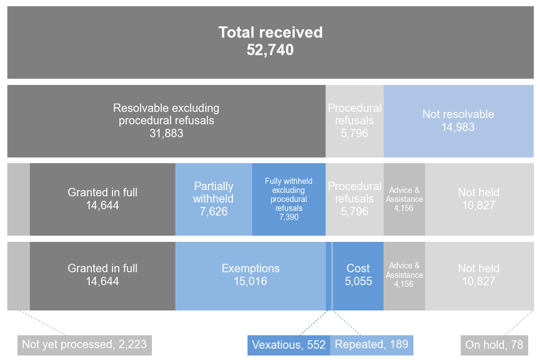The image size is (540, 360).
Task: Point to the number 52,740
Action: (x=270, y=50)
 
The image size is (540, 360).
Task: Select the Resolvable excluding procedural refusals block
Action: (x=166, y=121)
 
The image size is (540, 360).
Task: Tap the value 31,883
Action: (x=166, y=133)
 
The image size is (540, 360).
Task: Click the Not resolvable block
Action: (x=458, y=121)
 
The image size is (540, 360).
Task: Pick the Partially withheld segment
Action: (x=213, y=199)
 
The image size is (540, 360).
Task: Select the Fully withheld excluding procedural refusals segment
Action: (x=289, y=199)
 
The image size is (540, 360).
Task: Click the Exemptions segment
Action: (x=250, y=275)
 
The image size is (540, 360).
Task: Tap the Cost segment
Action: (x=358, y=275)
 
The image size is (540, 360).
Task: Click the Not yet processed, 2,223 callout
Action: (x=84, y=344)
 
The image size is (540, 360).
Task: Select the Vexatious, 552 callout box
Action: (x=289, y=345)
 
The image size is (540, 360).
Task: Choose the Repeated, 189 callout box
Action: (x=372, y=345)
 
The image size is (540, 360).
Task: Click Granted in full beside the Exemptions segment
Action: (x=102, y=275)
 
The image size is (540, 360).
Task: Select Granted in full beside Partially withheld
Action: (x=102, y=199)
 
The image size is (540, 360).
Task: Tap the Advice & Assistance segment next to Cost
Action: (x=404, y=275)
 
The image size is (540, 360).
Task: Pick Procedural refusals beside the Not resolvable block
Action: (x=354, y=121)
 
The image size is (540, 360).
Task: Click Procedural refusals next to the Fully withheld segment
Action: (x=354, y=199)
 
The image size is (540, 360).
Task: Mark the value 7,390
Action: (x=289, y=217)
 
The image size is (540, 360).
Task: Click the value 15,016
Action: (x=250, y=281)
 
